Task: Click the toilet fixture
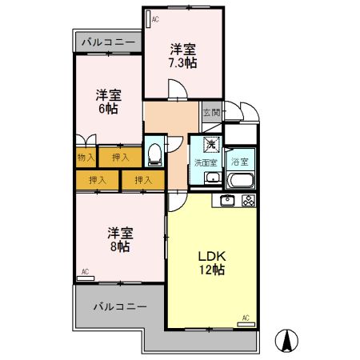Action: pos(154,150)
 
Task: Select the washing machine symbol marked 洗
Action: pos(210,145)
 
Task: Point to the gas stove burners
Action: pos(249,200)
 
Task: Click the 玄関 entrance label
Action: pos(210,113)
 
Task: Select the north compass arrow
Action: pos(286,339)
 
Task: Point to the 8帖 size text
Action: pos(120,247)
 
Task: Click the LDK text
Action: pos(213,256)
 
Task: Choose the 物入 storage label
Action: pos(86,158)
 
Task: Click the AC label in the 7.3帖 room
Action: pos(154,18)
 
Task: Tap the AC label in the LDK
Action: pos(246,318)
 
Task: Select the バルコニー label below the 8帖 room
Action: pos(119,306)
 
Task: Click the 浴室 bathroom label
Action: pos(239,161)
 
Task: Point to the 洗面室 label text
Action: pos(206,162)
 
